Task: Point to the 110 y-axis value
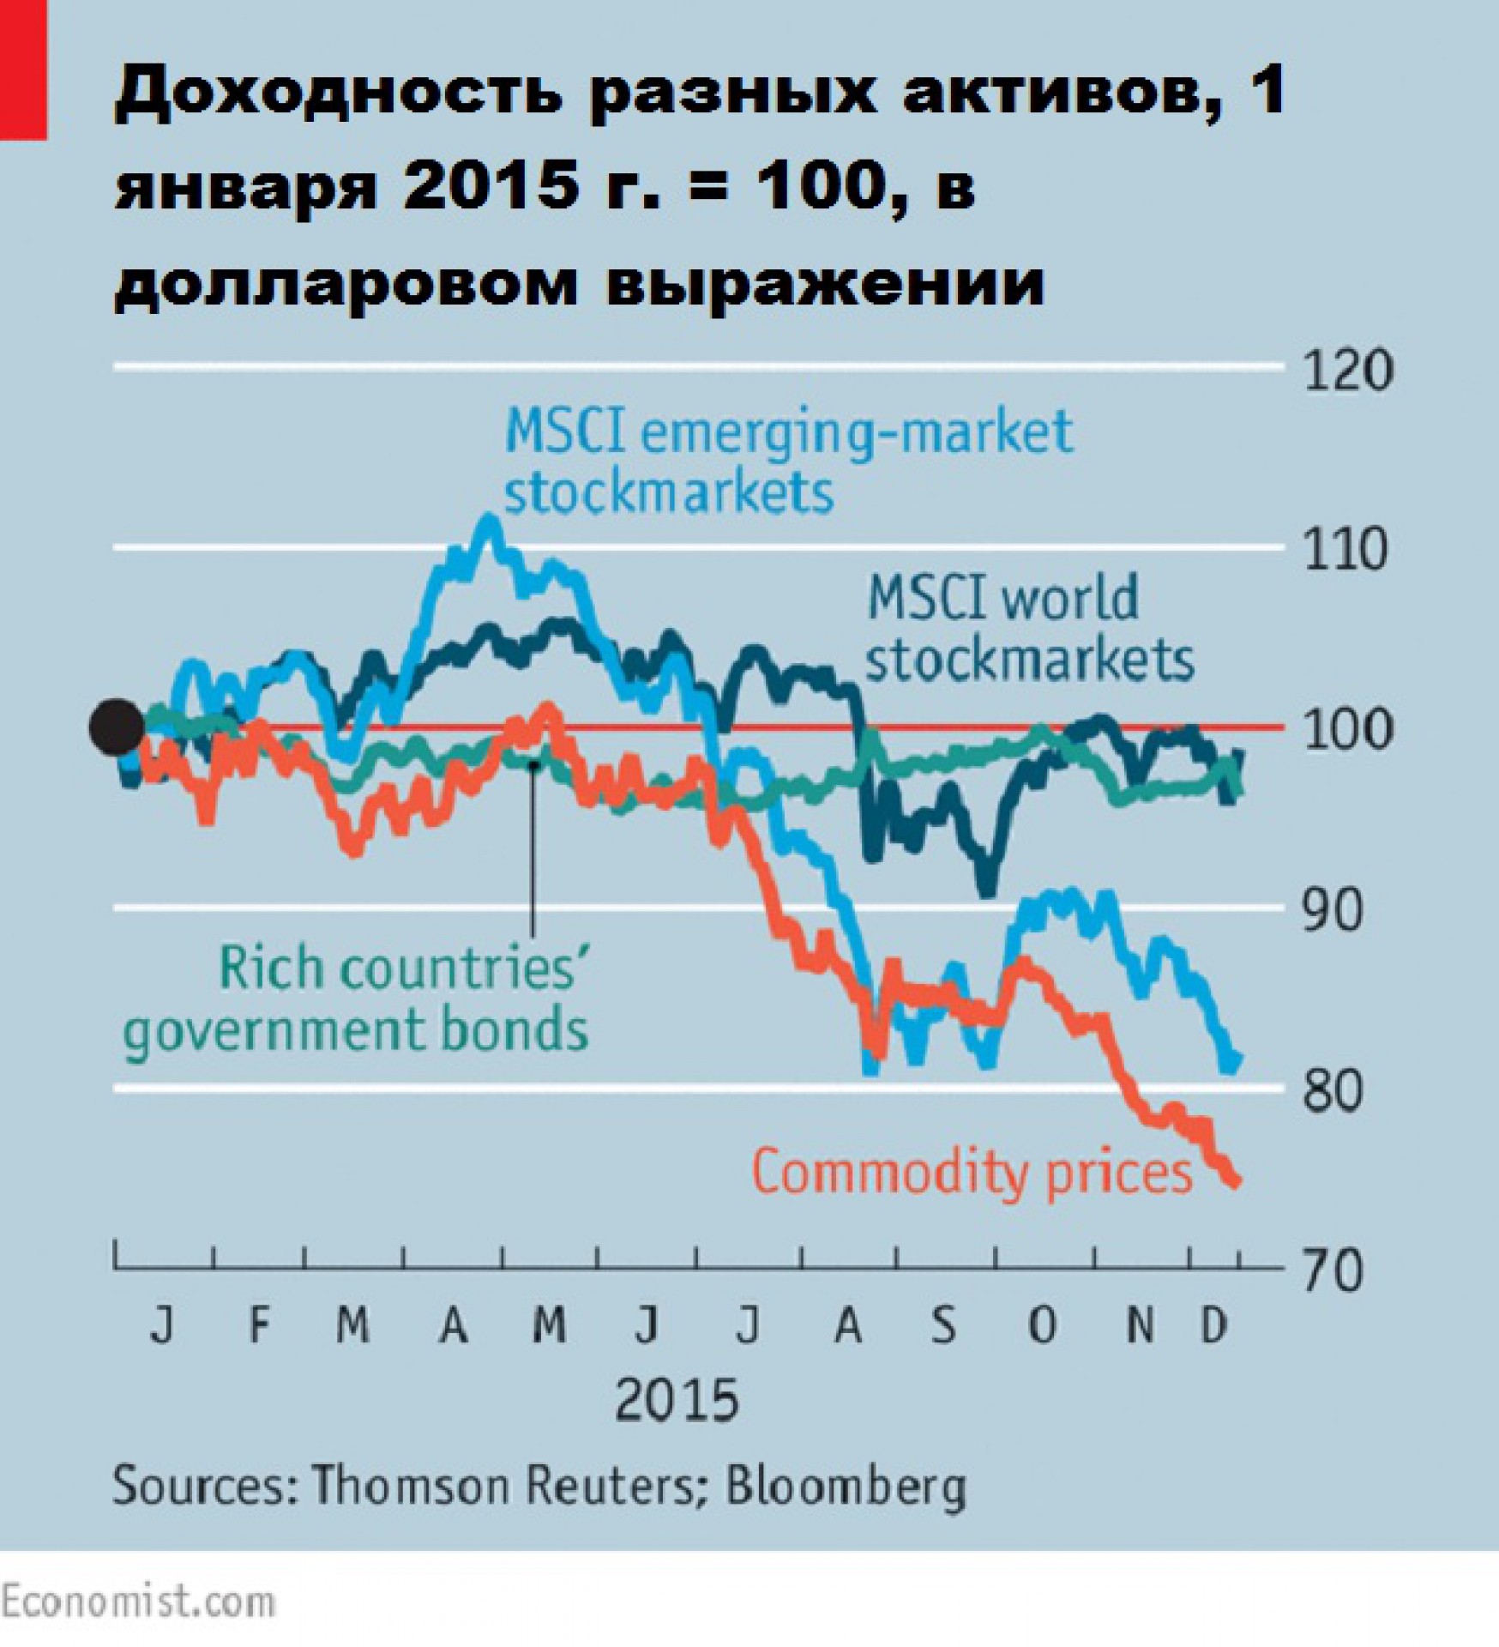point(1345,550)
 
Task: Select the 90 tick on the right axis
point(1333,911)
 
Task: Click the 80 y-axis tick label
point(1333,1091)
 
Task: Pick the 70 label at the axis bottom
point(1333,1271)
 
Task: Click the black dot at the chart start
point(117,727)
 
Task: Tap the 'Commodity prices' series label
point(972,1172)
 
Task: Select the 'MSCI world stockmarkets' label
point(1029,629)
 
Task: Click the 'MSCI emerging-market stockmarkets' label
point(787,461)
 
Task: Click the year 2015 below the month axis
point(677,1401)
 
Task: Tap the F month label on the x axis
point(259,1326)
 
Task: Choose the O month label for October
point(1041,1326)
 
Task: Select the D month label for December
point(1214,1326)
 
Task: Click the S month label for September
point(943,1326)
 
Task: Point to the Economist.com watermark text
point(137,1602)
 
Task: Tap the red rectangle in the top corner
point(23,69)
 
